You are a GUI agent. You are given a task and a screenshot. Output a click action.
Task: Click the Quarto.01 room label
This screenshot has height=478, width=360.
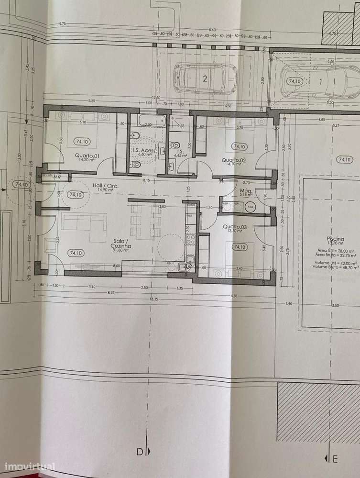pyautogui.click(x=87, y=156)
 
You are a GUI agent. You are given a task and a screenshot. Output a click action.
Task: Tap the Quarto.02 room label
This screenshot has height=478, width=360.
pyautogui.click(x=233, y=161)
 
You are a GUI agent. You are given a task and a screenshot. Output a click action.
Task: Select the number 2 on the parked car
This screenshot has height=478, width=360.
pyautogui.click(x=204, y=79)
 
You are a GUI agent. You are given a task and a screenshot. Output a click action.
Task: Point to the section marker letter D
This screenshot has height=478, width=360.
pyautogui.click(x=140, y=451)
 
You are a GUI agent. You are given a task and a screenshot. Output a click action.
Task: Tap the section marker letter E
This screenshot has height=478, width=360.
pyautogui.click(x=335, y=459)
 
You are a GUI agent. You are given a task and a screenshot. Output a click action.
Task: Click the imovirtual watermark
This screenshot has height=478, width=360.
pyautogui.click(x=30, y=467)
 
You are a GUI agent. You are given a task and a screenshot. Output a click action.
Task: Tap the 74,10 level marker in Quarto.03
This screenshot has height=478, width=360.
pyautogui.click(x=239, y=247)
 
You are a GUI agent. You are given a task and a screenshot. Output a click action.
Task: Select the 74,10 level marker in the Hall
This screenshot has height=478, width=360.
pyautogui.click(x=76, y=195)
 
